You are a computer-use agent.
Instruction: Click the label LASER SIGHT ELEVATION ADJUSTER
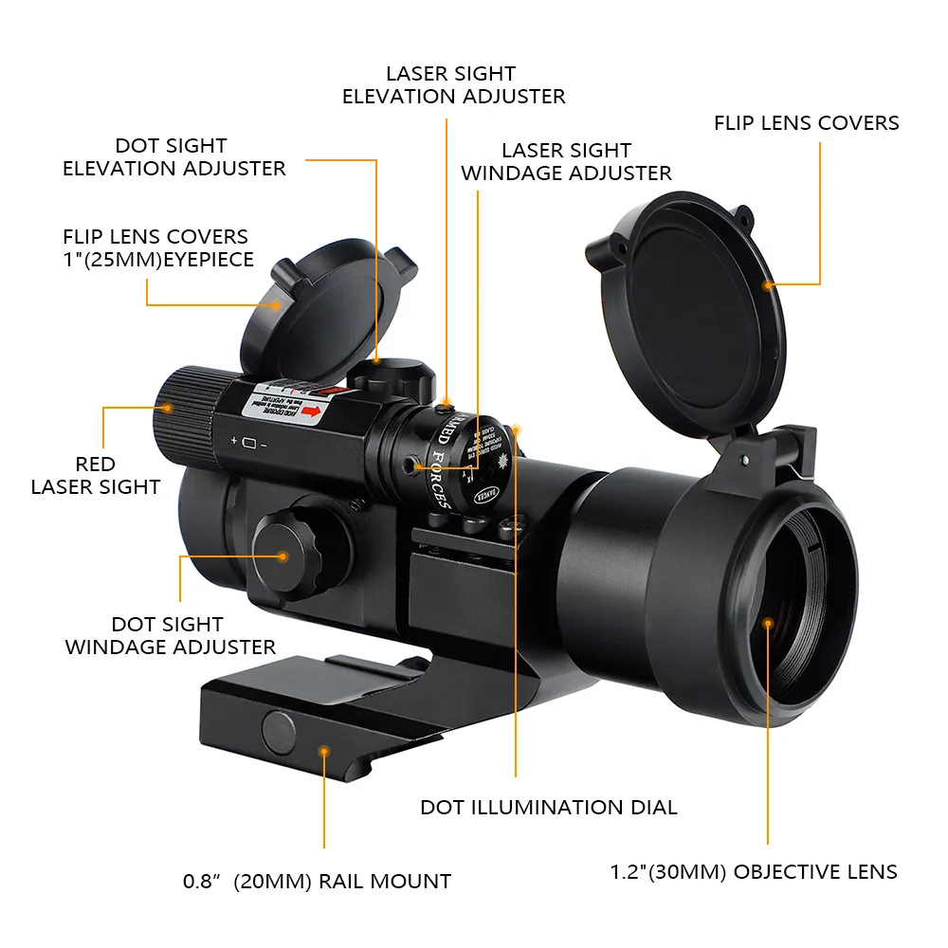pyautogui.click(x=453, y=84)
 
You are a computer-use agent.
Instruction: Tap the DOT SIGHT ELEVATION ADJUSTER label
pyautogui.click(x=173, y=157)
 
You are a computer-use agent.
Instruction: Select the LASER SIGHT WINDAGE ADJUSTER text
pyautogui.click(x=566, y=162)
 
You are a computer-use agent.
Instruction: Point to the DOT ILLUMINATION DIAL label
pyautogui.click(x=549, y=808)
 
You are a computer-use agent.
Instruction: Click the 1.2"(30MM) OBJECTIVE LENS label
pyautogui.click(x=753, y=872)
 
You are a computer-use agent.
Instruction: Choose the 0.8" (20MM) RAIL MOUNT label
pyautogui.click(x=317, y=882)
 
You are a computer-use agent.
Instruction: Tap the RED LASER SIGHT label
pyautogui.click(x=96, y=476)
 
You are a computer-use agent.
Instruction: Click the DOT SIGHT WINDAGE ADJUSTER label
pyautogui.click(x=170, y=636)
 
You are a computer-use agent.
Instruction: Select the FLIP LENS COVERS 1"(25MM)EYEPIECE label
pyautogui.click(x=158, y=247)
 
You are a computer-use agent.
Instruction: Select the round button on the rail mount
pyautogui.click(x=278, y=730)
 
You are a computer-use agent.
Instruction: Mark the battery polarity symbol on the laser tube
pyautogui.click(x=248, y=443)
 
